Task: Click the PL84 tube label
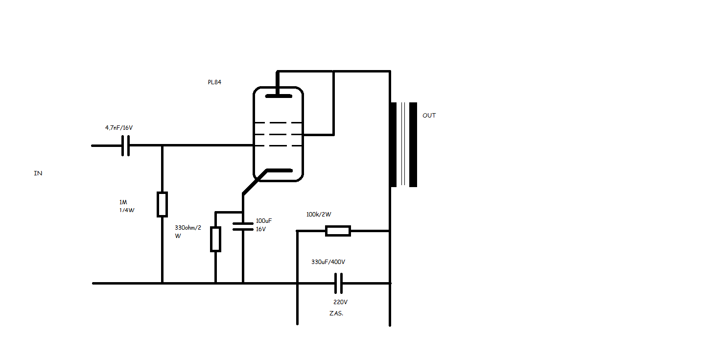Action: [214, 82]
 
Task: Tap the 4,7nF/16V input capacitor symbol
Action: [125, 146]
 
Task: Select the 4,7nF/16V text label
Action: [119, 128]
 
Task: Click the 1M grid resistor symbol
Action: [162, 204]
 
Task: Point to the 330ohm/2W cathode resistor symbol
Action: [215, 239]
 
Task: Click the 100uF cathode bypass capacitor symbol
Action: [243, 226]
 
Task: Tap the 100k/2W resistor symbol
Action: [338, 231]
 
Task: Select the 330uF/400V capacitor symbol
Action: [338, 284]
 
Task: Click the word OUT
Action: [429, 116]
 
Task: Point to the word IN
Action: [38, 173]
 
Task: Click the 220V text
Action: [340, 302]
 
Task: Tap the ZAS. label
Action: [336, 313]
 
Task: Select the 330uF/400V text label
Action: [328, 262]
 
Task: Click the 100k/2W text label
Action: [319, 215]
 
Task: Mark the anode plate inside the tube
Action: [279, 96]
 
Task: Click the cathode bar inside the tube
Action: [280, 170]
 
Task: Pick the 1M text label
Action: [123, 202]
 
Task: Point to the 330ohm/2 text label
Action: [188, 228]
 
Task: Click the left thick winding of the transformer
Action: [394, 145]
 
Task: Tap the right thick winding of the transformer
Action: [413, 145]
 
